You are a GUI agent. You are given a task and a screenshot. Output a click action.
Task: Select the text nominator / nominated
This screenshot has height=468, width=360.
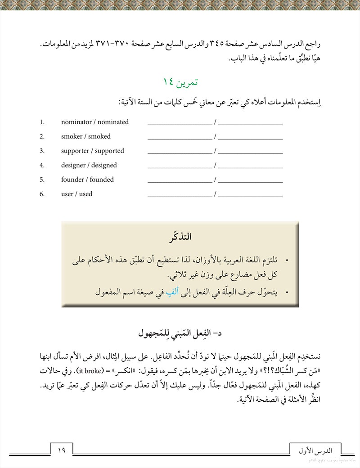pyautogui.click(x=94, y=122)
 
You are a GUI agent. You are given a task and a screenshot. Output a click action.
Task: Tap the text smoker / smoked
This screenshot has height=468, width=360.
pyautogui.click(x=85, y=136)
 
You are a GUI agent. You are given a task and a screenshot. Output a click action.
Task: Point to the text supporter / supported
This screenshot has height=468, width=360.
pyautogui.click(x=92, y=151)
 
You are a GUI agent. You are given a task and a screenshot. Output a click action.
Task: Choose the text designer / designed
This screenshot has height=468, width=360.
pyautogui.click(x=89, y=165)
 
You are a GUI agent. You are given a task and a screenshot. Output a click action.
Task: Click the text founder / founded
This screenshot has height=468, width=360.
pyautogui.click(x=87, y=180)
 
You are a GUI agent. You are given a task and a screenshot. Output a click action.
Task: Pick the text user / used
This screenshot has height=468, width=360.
pyautogui.click(x=76, y=194)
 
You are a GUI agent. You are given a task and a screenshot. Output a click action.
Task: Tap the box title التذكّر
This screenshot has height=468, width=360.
pyautogui.click(x=181, y=237)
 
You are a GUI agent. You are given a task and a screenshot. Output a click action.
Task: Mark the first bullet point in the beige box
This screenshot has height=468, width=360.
pyautogui.click(x=287, y=261)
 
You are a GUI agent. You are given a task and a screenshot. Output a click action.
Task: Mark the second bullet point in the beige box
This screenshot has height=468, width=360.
pyautogui.click(x=287, y=292)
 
